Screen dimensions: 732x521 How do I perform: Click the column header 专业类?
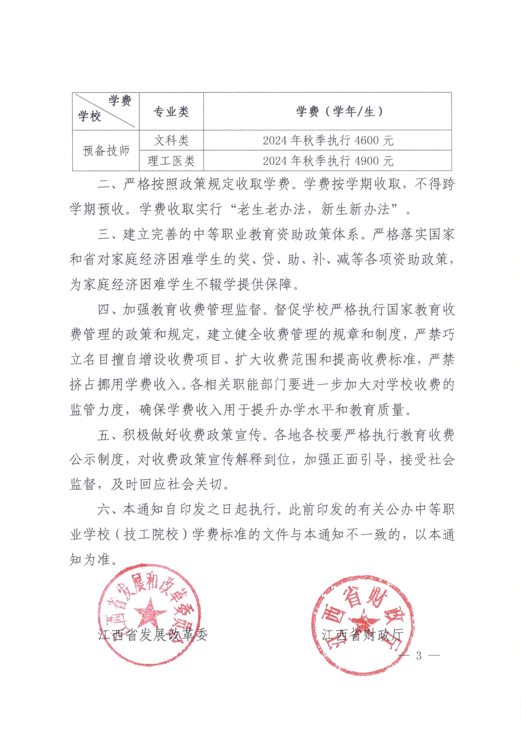coord(171,112)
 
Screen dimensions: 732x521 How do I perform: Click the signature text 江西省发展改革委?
coord(153,635)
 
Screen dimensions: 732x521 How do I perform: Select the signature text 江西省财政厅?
coord(363,635)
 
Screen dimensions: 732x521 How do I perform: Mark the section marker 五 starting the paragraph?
coord(104,435)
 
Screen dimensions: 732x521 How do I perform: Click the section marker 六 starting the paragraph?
coord(104,510)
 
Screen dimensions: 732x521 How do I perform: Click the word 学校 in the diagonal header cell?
coord(89,116)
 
